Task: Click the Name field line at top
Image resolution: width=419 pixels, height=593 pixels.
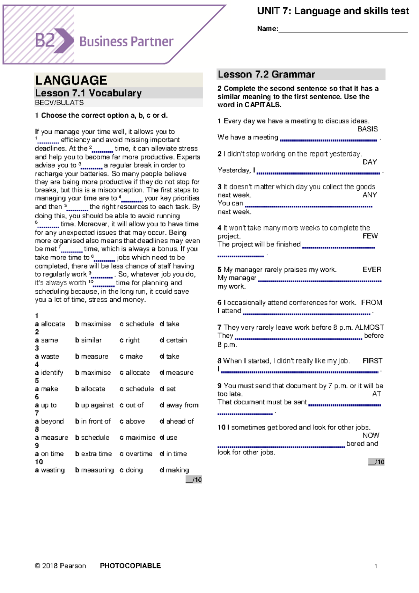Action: point(343,31)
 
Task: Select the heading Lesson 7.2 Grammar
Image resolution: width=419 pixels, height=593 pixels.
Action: point(266,74)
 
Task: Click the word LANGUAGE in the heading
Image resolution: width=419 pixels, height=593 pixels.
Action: point(71,80)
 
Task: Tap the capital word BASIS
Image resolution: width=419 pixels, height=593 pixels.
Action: point(367,129)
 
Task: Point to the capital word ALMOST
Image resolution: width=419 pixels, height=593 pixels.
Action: point(369,327)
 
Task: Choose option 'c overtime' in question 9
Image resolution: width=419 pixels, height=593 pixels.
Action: point(136,454)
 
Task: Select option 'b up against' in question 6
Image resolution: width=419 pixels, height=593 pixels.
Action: point(95,405)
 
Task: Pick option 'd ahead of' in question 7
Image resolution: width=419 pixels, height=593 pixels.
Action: point(177,421)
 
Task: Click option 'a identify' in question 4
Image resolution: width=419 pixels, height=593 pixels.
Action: point(49,373)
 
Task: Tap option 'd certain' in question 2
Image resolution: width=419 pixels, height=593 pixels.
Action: point(174,340)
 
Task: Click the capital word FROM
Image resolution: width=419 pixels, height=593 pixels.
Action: point(372,302)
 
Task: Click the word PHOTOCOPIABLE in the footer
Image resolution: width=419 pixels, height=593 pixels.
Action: point(130,566)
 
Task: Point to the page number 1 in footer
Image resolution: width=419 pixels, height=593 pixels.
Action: point(376,566)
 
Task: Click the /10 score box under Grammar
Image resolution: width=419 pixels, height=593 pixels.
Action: point(376,462)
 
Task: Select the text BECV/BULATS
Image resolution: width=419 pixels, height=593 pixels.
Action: point(59,103)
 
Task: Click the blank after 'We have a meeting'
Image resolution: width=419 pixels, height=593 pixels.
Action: point(328,140)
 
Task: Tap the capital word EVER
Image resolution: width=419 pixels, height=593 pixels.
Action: point(372,270)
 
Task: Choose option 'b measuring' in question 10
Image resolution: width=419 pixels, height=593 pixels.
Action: point(95,470)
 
